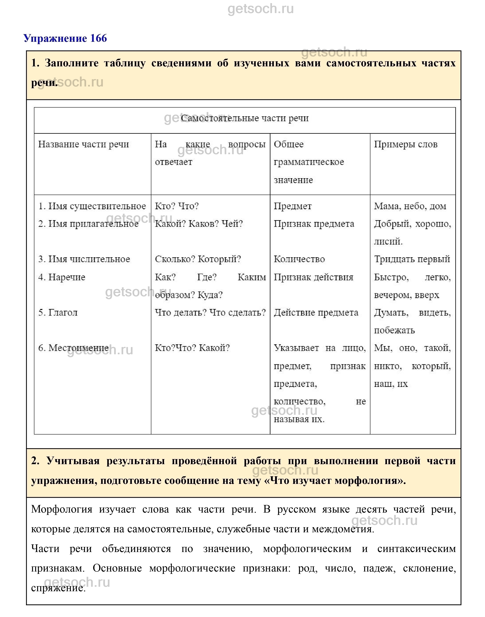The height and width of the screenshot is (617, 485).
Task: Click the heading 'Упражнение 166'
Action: coord(65,38)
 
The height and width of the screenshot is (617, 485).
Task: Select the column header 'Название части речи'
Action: coord(84,144)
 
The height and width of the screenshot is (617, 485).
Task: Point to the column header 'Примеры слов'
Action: coord(406,144)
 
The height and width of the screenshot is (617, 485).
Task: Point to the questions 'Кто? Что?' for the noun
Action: coord(177,206)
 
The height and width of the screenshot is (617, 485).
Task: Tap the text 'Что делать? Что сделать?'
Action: coord(210,313)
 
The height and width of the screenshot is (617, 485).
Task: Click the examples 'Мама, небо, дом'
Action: coord(410,206)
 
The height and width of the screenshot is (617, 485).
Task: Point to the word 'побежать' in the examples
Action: coord(394,330)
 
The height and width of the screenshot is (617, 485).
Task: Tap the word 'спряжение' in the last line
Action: coord(58,588)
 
